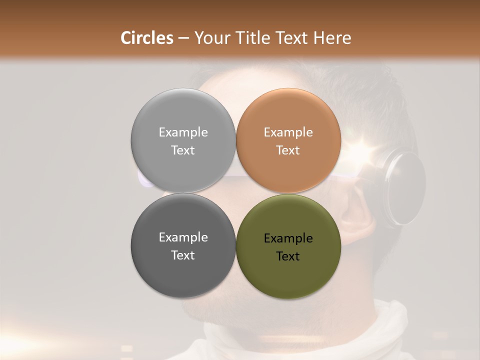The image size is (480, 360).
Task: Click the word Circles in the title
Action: pyautogui.click(x=147, y=38)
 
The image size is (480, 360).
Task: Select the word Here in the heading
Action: pyautogui.click(x=332, y=38)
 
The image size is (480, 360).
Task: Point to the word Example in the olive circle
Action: pyautogui.click(x=288, y=238)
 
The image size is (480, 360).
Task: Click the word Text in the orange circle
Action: pyautogui.click(x=288, y=150)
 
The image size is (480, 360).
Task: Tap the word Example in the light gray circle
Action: pyautogui.click(x=183, y=132)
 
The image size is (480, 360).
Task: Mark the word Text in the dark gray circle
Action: pyautogui.click(x=183, y=255)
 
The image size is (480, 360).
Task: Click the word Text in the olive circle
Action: pyautogui.click(x=288, y=256)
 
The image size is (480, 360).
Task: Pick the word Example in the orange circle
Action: pyautogui.click(x=288, y=132)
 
